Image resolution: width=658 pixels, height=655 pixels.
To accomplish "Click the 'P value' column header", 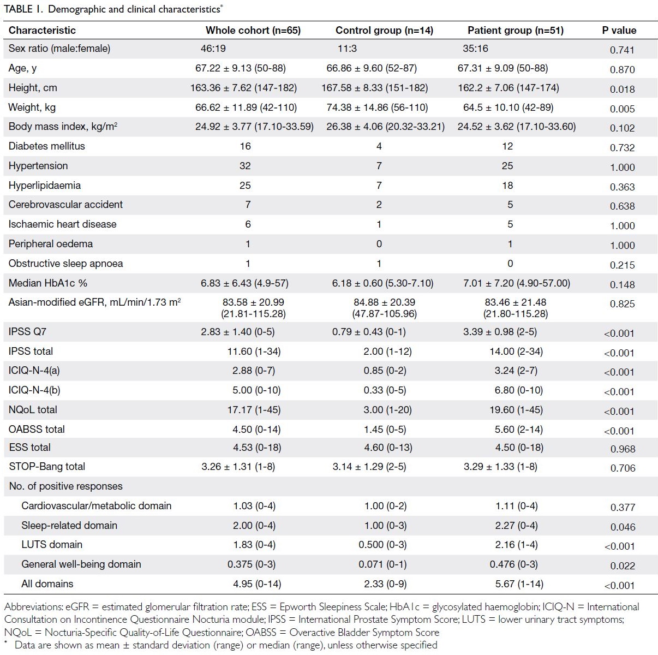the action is click(619, 31).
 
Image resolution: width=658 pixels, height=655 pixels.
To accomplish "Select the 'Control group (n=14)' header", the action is click(384, 31).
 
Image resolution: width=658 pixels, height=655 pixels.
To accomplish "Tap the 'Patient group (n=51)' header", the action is click(515, 31).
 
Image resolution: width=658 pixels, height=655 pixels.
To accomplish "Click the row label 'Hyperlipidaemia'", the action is click(44, 185).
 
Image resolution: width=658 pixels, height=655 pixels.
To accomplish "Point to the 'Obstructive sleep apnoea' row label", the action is click(65, 264).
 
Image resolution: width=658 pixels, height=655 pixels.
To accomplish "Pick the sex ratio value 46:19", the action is click(213, 49).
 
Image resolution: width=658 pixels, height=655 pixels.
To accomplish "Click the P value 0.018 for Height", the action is click(622, 89).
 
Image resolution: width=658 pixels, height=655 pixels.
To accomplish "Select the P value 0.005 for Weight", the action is click(622, 109).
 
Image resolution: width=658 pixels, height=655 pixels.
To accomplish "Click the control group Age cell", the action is click(372, 68).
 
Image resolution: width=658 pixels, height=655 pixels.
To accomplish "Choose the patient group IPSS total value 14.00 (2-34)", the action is click(516, 352).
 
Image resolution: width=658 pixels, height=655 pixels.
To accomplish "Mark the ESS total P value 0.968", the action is click(623, 449).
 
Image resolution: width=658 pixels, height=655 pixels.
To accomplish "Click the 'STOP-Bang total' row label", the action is click(47, 466).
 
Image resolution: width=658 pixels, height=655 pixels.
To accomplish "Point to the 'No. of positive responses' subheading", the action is click(65, 486).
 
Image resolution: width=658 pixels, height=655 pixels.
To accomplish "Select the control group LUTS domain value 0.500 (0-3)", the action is click(382, 545).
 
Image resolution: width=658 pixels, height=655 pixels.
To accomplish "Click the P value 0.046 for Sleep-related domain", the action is click(623, 527).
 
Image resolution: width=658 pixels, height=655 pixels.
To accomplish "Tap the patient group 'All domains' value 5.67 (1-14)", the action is click(519, 584).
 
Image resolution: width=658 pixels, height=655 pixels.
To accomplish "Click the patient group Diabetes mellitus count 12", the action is click(507, 146).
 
